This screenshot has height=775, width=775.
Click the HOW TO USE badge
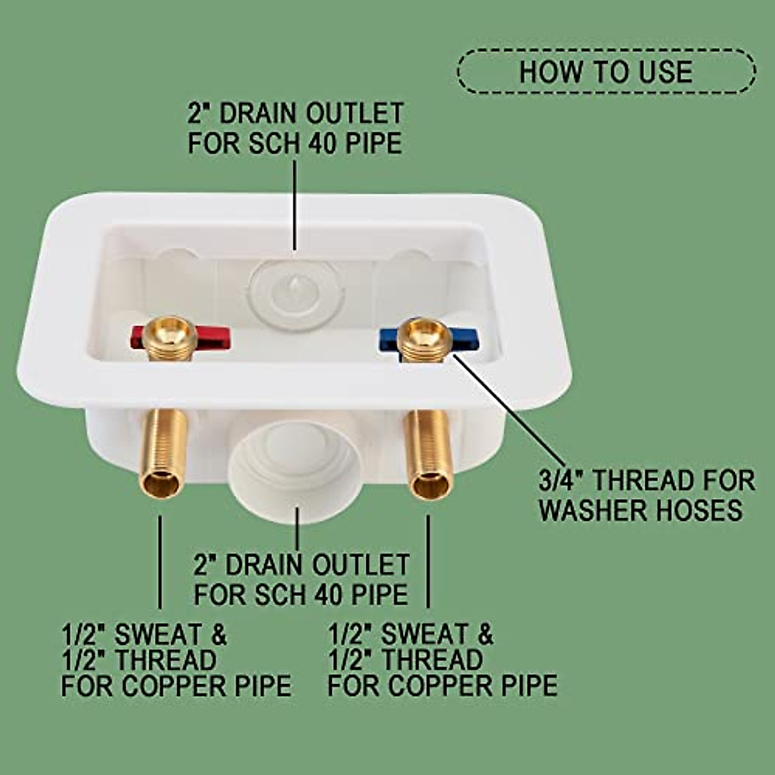[606, 71]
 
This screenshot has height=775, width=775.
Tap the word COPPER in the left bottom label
[172, 685]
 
